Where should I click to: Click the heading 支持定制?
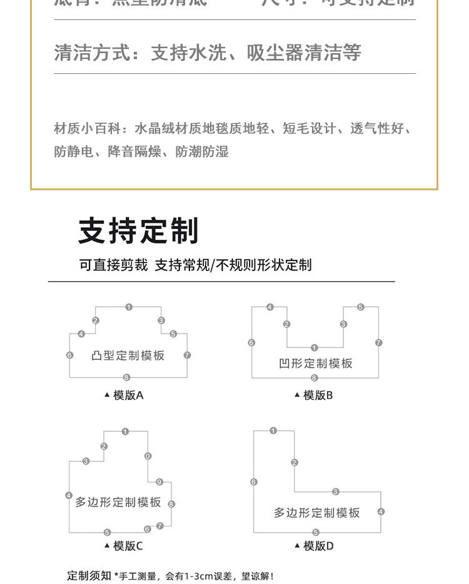[138, 231]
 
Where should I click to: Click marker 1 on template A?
[129, 307]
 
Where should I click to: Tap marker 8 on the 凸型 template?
[126, 377]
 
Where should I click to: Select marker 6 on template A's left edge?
[69, 355]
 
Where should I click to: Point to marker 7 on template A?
[187, 355]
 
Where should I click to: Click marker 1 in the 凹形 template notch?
[315, 347]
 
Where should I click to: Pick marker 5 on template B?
[360, 307]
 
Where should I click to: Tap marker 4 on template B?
[270, 307]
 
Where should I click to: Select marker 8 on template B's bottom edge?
[315, 377]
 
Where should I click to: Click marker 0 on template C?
[148, 456]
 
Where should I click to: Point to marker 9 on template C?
[159, 482]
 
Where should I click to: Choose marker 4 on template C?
[69, 496]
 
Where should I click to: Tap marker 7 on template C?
[160, 526]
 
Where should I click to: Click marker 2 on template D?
[295, 463]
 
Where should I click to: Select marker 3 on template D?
[336, 491]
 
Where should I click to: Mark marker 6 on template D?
[254, 482]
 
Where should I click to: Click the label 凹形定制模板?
[316, 363]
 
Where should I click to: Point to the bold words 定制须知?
[89, 575]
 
